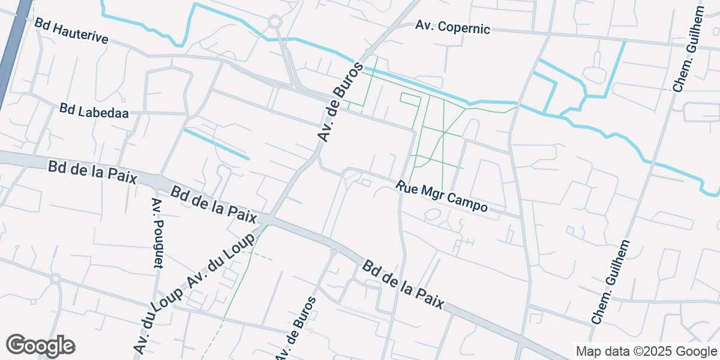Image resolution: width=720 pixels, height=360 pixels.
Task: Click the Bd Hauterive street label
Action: (71, 31)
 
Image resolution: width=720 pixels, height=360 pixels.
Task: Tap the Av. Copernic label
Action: (453, 27)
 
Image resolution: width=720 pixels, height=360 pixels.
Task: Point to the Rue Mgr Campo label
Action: (441, 196)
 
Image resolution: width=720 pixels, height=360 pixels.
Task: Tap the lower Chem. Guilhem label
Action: (611, 282)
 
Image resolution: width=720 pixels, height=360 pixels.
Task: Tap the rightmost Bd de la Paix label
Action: (404, 285)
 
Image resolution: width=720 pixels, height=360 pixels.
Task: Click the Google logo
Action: (41, 345)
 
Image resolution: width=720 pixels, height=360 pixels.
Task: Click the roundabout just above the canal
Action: (275, 22)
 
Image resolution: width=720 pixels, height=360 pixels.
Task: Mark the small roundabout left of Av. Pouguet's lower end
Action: (56, 278)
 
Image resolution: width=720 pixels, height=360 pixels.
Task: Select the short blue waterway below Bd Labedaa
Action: (215, 144)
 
